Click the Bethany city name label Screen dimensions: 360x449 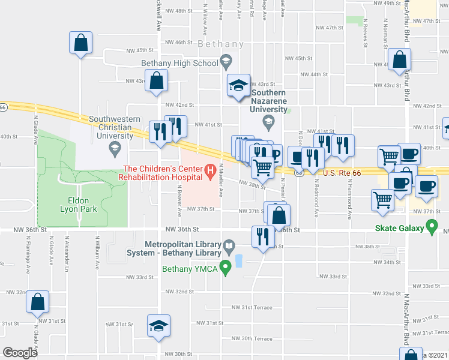[221, 44]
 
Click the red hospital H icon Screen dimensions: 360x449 [210, 172]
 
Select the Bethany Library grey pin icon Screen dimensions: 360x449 [229, 246]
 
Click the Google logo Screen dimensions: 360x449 [20, 352]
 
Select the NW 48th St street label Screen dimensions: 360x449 [178, 11]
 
